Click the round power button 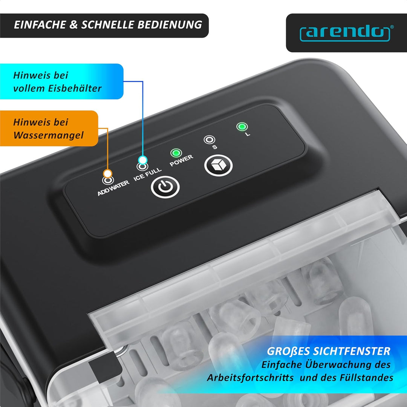(165, 187)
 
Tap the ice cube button (218, 165)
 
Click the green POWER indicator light (176, 153)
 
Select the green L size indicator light (242, 127)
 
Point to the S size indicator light (209, 140)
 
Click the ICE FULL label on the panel (147, 174)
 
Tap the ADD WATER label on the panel (113, 188)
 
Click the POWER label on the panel (181, 161)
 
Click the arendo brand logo (345, 34)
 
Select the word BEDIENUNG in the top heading (170, 24)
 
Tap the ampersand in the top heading (74, 24)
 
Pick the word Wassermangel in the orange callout (49, 135)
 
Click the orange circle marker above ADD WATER (107, 173)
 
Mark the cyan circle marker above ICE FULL (142, 160)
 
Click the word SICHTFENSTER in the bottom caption (352, 351)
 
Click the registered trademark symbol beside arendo (392, 27)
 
